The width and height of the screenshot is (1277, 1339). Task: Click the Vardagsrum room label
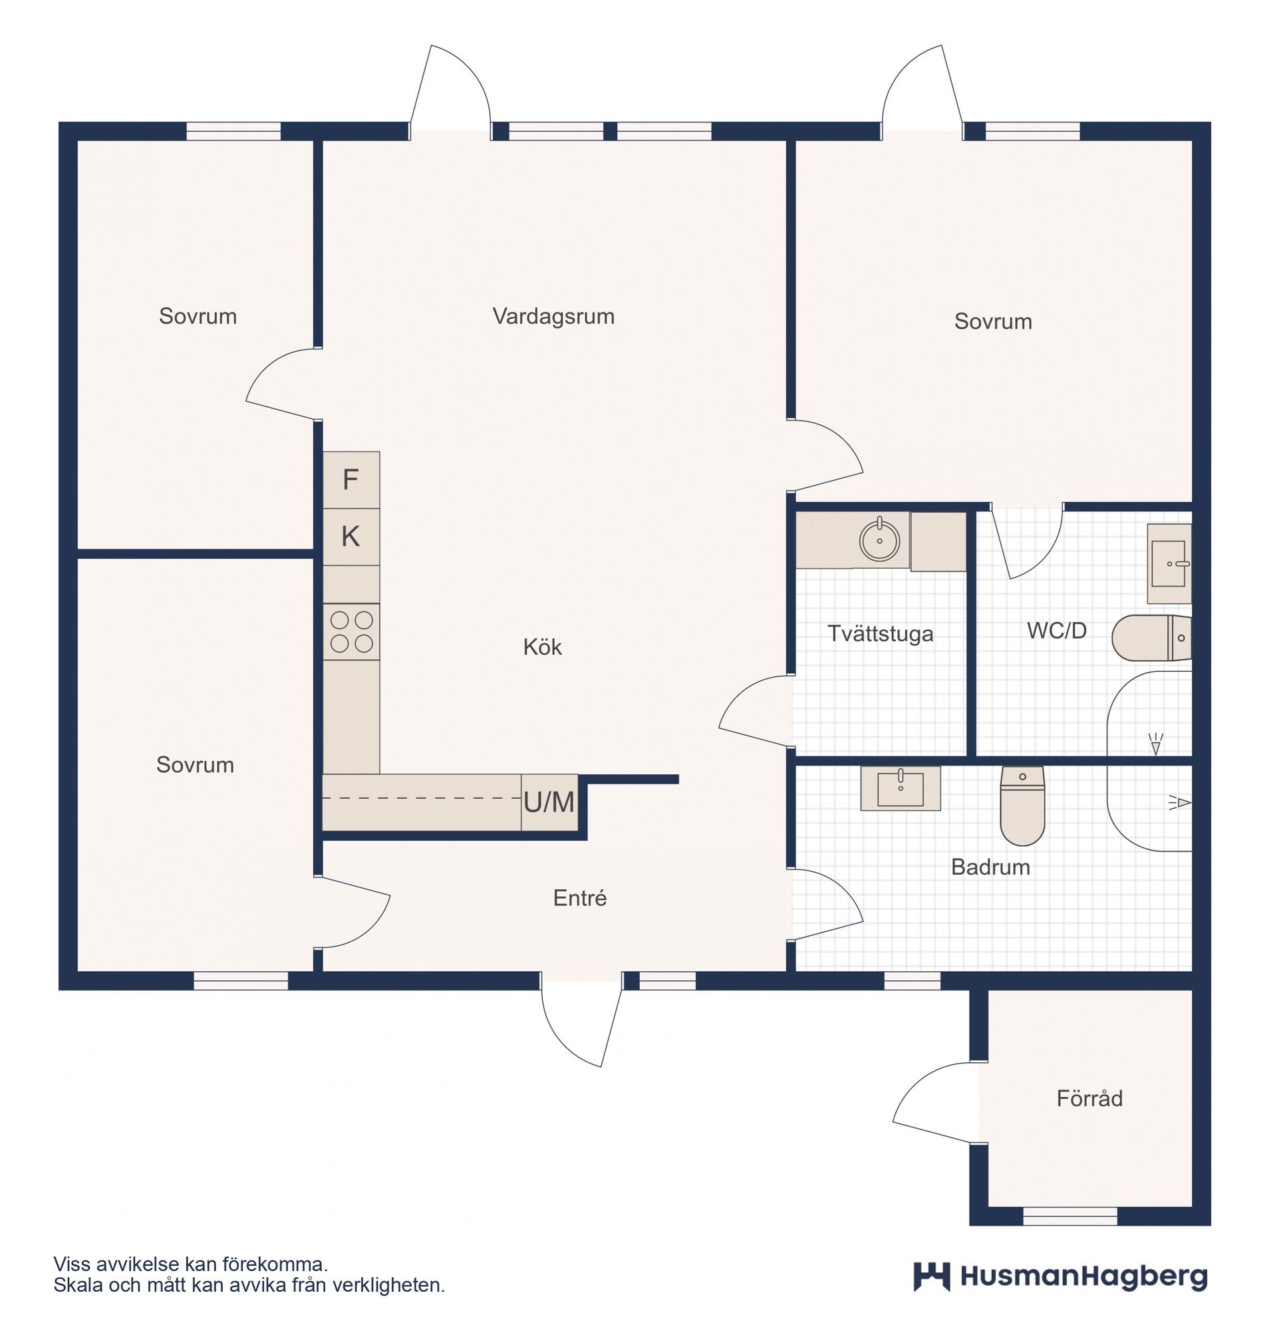(x=553, y=317)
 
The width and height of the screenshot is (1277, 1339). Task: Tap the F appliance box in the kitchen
(x=351, y=480)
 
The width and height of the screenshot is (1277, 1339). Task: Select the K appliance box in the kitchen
(x=351, y=536)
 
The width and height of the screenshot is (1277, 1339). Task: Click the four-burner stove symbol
(x=351, y=631)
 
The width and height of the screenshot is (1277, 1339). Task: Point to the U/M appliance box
(x=549, y=803)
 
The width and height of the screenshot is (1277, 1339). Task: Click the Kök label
(x=543, y=647)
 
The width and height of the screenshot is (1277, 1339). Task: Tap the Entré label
(x=579, y=898)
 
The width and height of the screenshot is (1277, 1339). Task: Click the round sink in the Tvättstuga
(x=879, y=541)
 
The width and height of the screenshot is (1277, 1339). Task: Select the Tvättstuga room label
(x=880, y=634)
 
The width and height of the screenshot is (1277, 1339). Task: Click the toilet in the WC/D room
(x=1151, y=638)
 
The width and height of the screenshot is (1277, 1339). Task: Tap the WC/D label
(x=1056, y=631)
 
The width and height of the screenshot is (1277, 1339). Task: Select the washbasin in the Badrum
(x=901, y=788)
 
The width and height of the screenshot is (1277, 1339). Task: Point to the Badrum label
(x=990, y=867)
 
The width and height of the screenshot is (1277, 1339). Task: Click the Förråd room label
(x=1089, y=1098)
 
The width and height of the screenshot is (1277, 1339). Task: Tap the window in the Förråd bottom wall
(x=1070, y=1216)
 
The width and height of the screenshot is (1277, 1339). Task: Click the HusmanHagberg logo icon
(x=931, y=1276)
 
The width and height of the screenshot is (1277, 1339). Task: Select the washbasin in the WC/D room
(x=1168, y=563)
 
